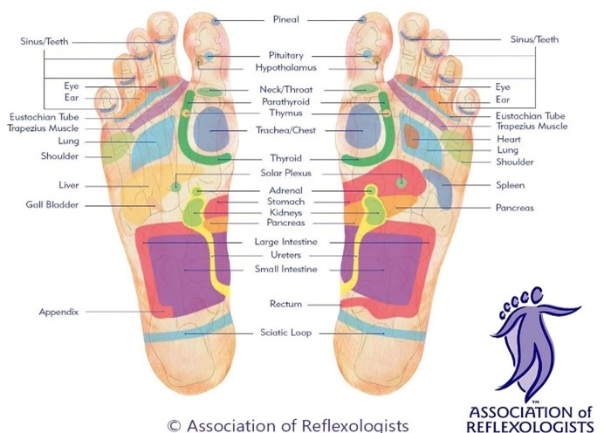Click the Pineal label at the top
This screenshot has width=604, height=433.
[x=285, y=19]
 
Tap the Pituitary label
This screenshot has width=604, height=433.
[x=285, y=56]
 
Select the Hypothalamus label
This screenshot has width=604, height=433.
[x=285, y=68]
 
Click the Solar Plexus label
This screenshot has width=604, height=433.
[x=285, y=173]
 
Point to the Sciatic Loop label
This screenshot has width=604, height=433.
[x=285, y=333]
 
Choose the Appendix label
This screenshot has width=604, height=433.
[x=58, y=312]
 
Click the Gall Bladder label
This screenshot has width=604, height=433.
[x=52, y=204]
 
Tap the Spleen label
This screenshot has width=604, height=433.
[x=510, y=185]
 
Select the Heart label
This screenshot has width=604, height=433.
[x=509, y=139]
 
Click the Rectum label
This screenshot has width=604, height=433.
[x=285, y=304]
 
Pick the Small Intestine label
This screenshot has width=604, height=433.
[x=285, y=269]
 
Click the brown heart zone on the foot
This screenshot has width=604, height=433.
[x=411, y=137]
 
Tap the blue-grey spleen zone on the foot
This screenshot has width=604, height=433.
[x=439, y=188]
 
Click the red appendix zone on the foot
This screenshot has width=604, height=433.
[x=165, y=311]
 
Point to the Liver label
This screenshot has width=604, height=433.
[x=69, y=185]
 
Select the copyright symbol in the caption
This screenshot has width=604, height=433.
[x=174, y=425]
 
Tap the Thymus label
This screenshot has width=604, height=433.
[x=285, y=113]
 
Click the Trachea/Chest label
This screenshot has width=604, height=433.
[x=285, y=130]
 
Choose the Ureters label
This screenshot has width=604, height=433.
[x=285, y=255]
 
